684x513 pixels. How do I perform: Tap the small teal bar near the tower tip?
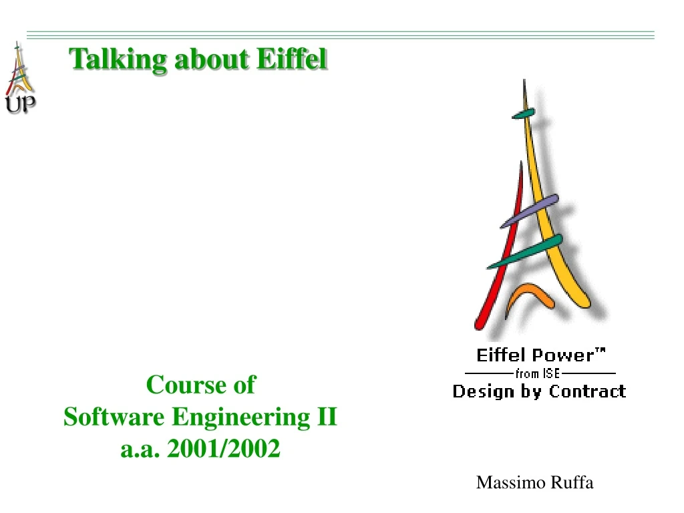[x=524, y=114]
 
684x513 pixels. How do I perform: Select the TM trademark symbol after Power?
[x=601, y=350]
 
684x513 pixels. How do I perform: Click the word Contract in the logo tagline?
[x=587, y=391]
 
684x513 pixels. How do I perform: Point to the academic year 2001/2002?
[x=224, y=450]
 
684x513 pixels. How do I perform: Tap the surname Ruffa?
[x=572, y=483]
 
